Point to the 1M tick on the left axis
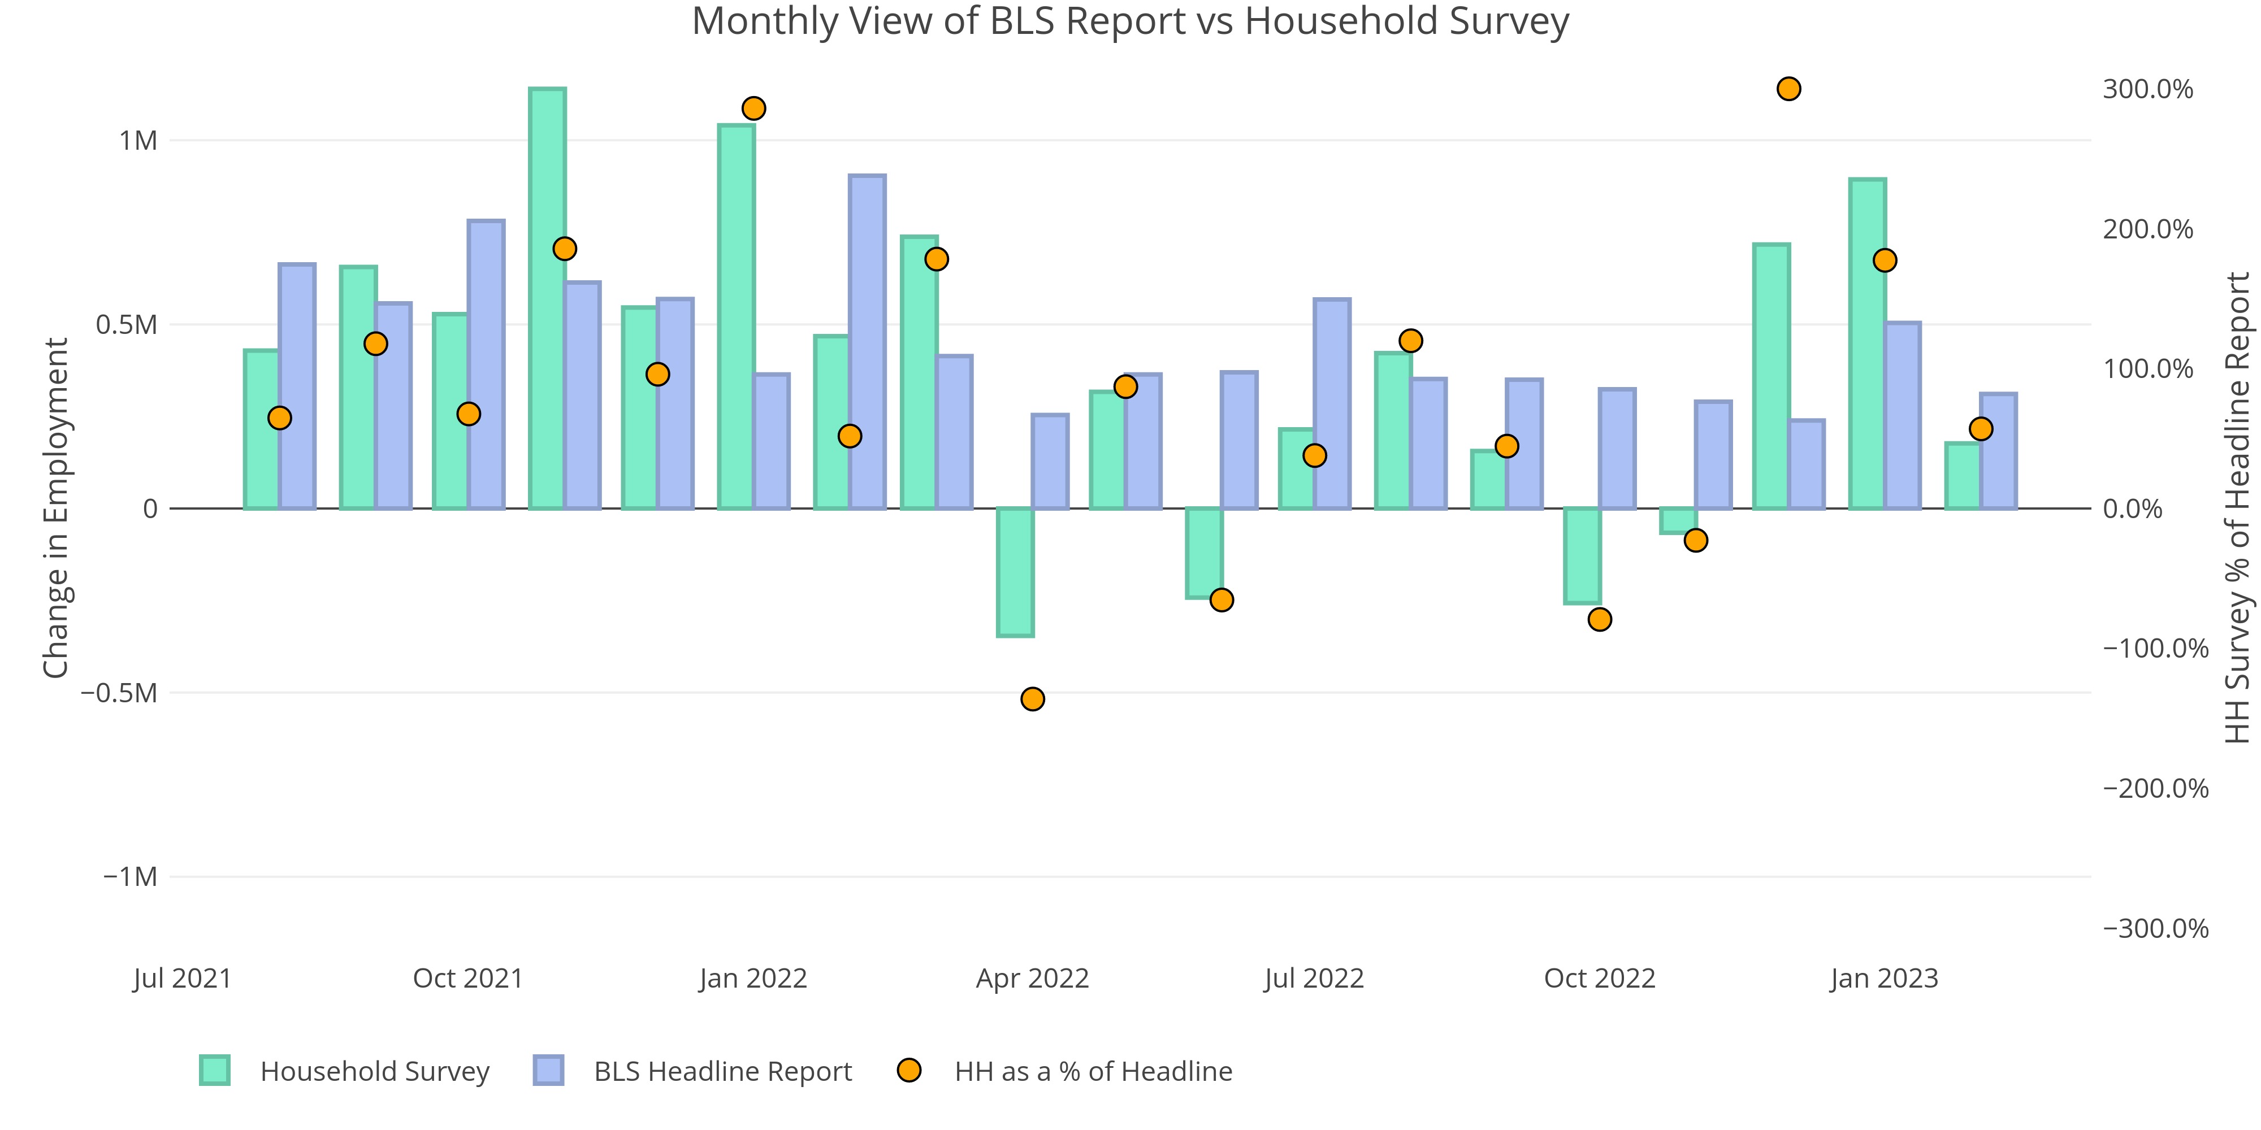click(x=138, y=140)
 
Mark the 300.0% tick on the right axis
click(x=2147, y=89)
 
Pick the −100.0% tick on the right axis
click(x=2155, y=649)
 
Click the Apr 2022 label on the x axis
click(x=1032, y=978)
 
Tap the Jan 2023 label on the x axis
click(x=1883, y=978)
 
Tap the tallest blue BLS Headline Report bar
click(x=867, y=342)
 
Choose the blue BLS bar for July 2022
click(x=1332, y=403)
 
